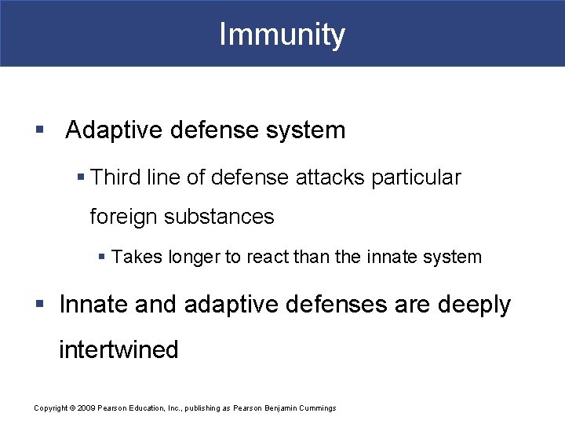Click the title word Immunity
point(282,35)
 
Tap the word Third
point(116,177)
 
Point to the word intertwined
point(118,349)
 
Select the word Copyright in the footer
point(51,408)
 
